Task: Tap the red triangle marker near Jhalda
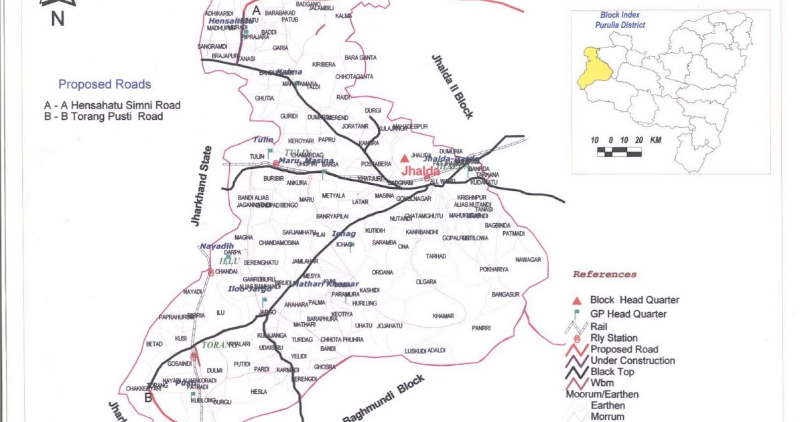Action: pos(404,159)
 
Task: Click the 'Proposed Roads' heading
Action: pos(105,84)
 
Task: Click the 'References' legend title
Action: pos(604,275)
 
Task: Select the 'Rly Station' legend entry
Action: pos(614,338)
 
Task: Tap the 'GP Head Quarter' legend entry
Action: pos(628,313)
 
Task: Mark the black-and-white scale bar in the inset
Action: pos(619,152)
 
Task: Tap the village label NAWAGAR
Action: pos(528,259)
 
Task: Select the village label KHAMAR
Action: pos(444,315)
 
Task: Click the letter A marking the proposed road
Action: pos(256,11)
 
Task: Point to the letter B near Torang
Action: pos(147,397)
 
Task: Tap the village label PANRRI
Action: pos(481,328)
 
